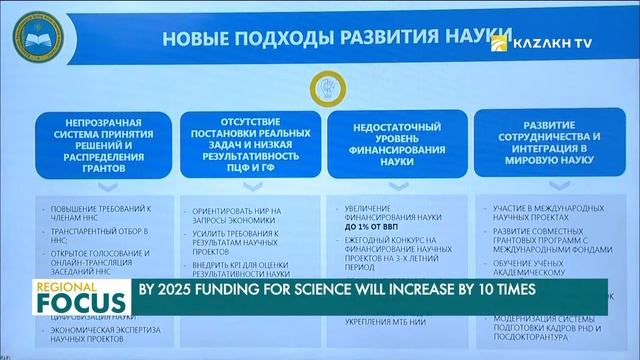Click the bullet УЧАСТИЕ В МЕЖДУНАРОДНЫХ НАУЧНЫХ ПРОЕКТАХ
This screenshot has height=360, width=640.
[x=544, y=217]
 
